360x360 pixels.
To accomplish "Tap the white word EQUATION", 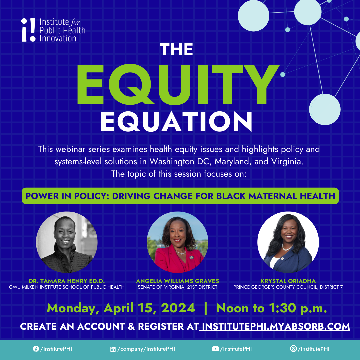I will click(x=176, y=121).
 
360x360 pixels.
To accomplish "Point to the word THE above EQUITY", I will click(x=176, y=50).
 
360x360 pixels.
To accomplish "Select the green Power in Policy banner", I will click(x=180, y=196).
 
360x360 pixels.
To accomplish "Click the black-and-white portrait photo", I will click(x=67, y=242).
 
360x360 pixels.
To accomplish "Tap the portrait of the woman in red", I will click(x=177, y=242).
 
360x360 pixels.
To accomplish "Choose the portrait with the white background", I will click(x=288, y=242).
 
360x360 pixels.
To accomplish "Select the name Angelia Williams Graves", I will click(x=177, y=281).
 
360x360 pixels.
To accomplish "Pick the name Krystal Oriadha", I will click(x=288, y=281).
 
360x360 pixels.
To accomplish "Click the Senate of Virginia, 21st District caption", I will click(x=177, y=287).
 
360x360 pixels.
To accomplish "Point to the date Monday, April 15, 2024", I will click(x=121, y=308).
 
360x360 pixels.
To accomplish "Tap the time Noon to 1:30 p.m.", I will click(x=271, y=308).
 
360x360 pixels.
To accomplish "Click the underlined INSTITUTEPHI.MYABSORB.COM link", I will click(x=276, y=326).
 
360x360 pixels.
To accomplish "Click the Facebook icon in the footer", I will click(x=36, y=349).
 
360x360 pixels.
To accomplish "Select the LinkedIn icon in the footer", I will click(x=113, y=349).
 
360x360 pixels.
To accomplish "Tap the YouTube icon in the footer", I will click(x=215, y=349).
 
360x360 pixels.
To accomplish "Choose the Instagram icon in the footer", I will click(x=293, y=349).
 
